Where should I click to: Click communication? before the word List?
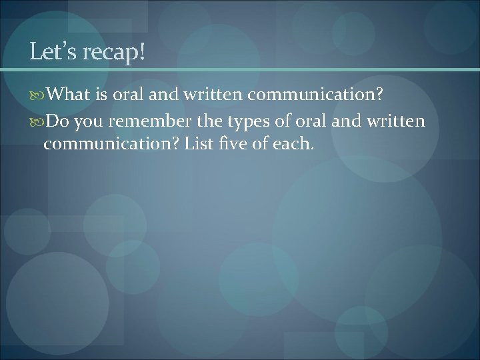(110, 145)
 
